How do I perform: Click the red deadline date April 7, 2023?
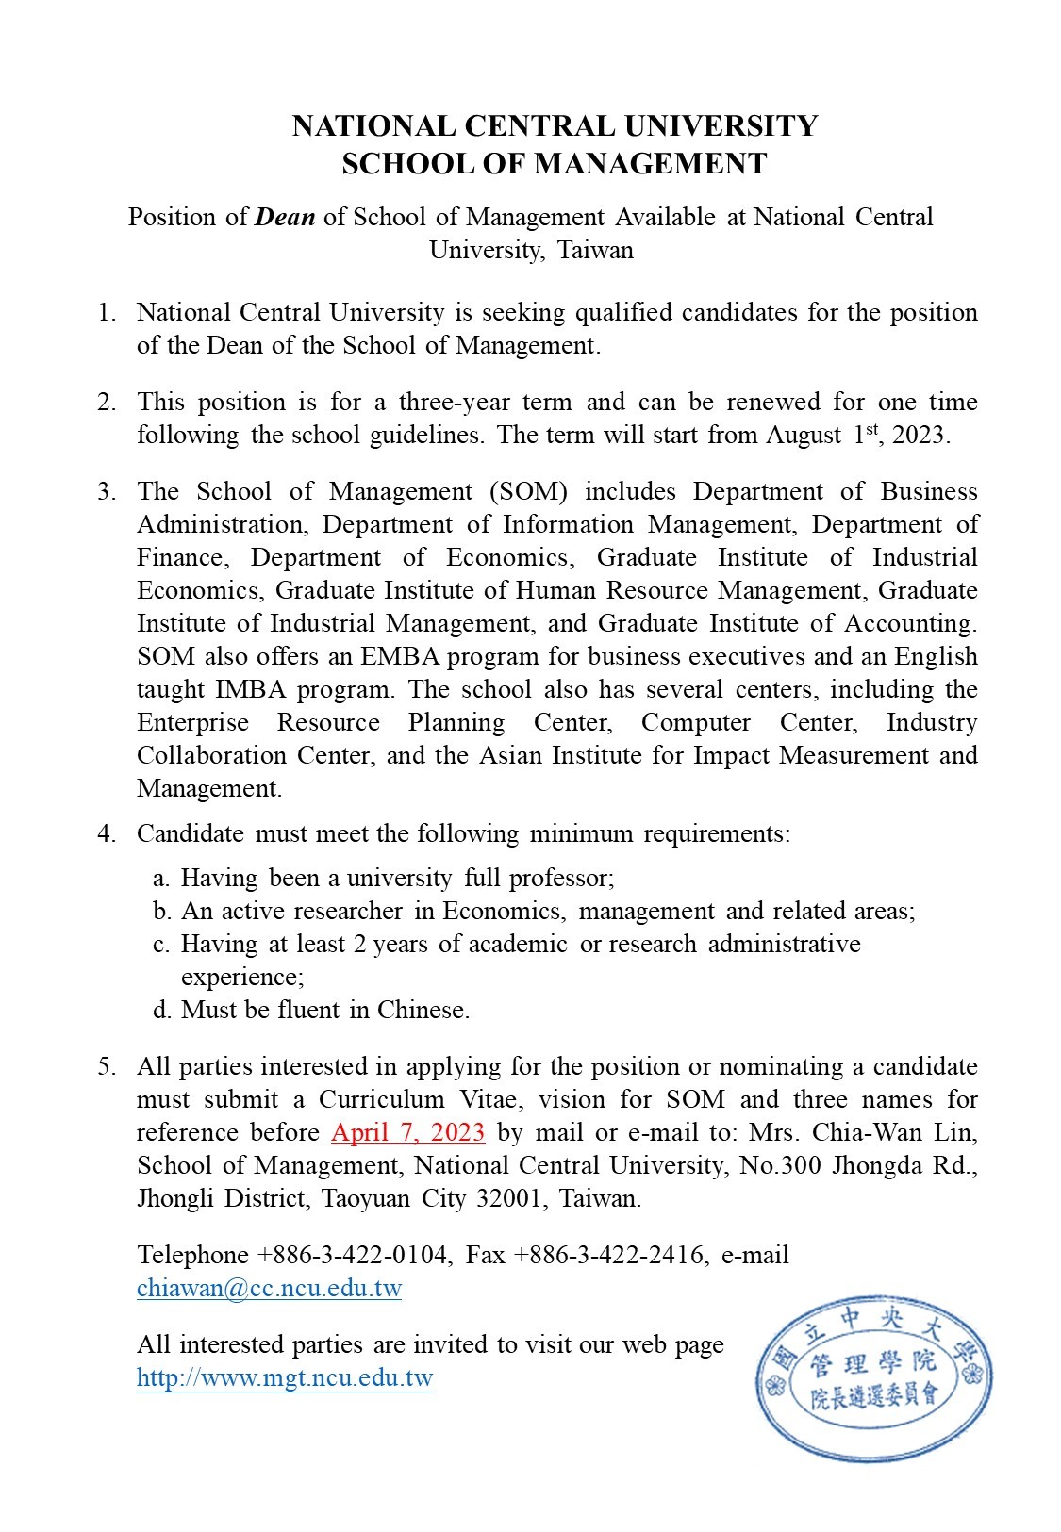tap(408, 1132)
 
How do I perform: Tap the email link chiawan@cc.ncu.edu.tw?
tap(269, 1288)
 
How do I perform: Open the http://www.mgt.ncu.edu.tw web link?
tap(284, 1377)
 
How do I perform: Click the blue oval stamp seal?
tap(873, 1378)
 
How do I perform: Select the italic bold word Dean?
tap(285, 217)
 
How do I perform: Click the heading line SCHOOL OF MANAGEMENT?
tap(554, 164)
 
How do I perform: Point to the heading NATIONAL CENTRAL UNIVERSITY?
tap(554, 126)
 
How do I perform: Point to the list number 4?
tap(107, 833)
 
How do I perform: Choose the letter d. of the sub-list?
tap(161, 1010)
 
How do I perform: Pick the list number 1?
tap(107, 312)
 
